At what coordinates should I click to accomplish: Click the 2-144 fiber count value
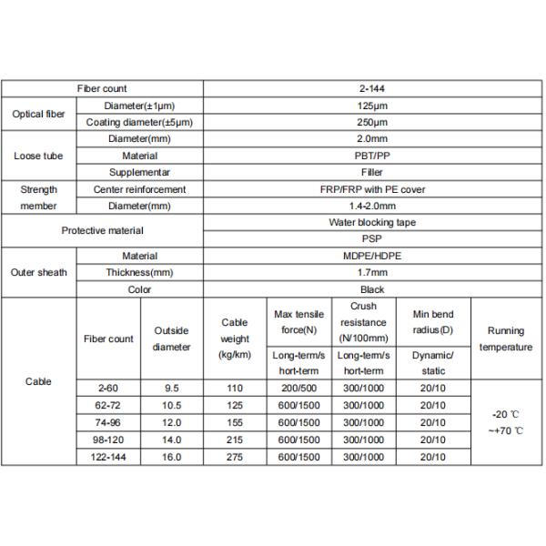pyautogui.click(x=373, y=89)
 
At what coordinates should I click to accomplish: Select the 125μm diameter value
pyautogui.click(x=373, y=106)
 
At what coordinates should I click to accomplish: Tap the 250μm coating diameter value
pyautogui.click(x=373, y=122)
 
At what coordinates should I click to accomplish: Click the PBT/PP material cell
pyautogui.click(x=373, y=156)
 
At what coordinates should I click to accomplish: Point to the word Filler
pyautogui.click(x=373, y=172)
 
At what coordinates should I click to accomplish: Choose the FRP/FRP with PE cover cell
pyautogui.click(x=373, y=189)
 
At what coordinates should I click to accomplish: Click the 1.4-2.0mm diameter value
pyautogui.click(x=373, y=206)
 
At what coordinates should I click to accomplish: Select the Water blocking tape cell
pyautogui.click(x=373, y=222)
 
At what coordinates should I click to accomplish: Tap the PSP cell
pyautogui.click(x=373, y=238)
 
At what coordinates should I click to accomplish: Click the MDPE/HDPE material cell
pyautogui.click(x=373, y=256)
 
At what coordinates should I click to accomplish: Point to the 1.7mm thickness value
pyautogui.click(x=373, y=272)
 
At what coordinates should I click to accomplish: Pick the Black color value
pyautogui.click(x=373, y=289)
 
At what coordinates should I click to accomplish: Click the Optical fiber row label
pyautogui.click(x=37, y=114)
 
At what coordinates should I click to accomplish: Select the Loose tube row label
pyautogui.click(x=37, y=156)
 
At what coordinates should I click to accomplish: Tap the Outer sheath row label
pyautogui.click(x=37, y=272)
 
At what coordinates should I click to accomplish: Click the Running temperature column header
pyautogui.click(x=505, y=339)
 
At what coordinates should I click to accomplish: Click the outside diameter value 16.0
pyautogui.click(x=172, y=458)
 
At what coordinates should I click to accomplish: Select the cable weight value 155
pyautogui.click(x=235, y=422)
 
